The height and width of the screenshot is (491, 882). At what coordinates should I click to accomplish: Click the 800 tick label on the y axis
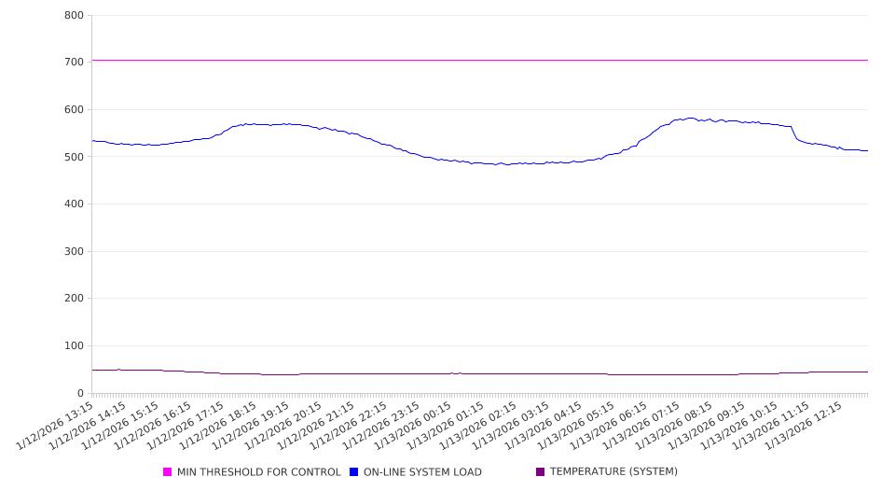(75, 16)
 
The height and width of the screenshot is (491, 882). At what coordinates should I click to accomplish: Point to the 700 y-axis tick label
(75, 63)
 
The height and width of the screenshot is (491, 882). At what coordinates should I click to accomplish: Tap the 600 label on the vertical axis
(75, 110)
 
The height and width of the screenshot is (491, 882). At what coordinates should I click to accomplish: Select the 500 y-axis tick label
(75, 158)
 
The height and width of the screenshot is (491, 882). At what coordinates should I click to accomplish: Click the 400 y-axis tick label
(75, 204)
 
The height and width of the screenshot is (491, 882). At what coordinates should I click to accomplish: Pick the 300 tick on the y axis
(75, 252)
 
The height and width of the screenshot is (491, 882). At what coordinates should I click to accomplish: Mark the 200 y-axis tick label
(75, 300)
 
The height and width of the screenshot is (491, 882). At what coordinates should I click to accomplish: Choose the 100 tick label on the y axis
(75, 346)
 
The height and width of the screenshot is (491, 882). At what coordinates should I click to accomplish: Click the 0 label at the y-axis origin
(81, 394)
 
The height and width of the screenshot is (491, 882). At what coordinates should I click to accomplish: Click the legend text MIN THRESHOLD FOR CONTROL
(258, 472)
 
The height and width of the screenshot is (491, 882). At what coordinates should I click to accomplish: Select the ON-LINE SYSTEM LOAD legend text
(422, 472)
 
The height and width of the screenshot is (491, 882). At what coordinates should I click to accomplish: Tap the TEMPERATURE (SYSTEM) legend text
(613, 472)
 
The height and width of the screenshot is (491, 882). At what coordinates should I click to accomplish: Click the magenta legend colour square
(168, 472)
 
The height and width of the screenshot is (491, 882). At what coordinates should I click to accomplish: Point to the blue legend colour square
(354, 472)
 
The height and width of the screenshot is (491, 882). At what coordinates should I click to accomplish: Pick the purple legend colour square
(541, 472)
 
